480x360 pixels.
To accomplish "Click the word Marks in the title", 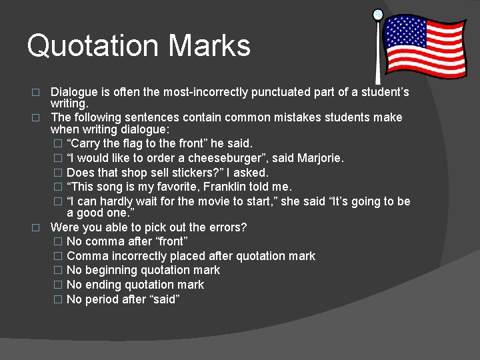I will (x=209, y=45).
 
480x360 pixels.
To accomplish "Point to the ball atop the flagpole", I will (x=378, y=13).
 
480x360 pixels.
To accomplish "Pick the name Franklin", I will (x=219, y=187).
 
